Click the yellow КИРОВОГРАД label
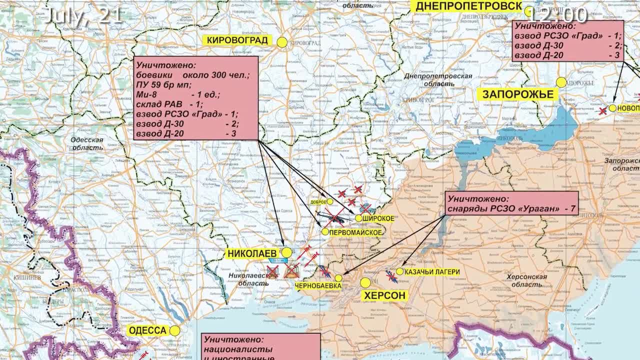coord(237,40)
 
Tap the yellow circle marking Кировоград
coord(282,42)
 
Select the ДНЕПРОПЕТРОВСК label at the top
coord(468,6)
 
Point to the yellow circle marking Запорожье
coord(561,82)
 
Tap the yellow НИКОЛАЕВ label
coord(252,253)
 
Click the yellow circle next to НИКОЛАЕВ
coord(286,253)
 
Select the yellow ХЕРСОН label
coord(384,295)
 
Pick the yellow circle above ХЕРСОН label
coord(365,283)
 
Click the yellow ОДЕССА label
coord(147,330)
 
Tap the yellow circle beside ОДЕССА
coord(174,330)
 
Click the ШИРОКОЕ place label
coord(378,219)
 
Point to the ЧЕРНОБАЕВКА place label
coord(318,286)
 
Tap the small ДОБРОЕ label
coord(318,202)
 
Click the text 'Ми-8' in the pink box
coord(146,94)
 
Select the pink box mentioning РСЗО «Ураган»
coord(511,203)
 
